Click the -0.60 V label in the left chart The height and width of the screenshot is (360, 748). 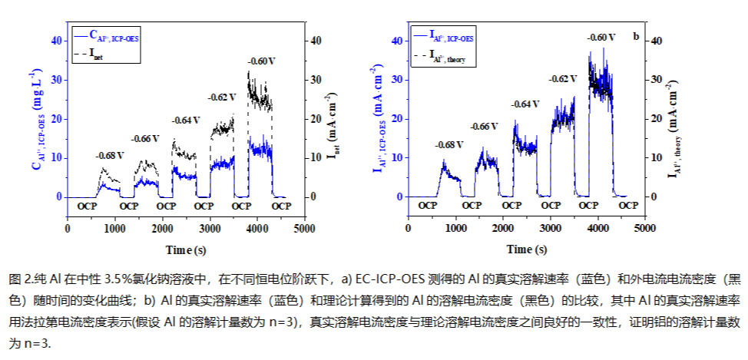261,61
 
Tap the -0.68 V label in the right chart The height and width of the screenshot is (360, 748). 450,144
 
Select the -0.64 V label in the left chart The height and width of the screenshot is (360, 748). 185,121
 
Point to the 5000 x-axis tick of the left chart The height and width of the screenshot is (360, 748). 304,229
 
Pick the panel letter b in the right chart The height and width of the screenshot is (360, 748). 635,35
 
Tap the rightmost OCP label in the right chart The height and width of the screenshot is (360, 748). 628,206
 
